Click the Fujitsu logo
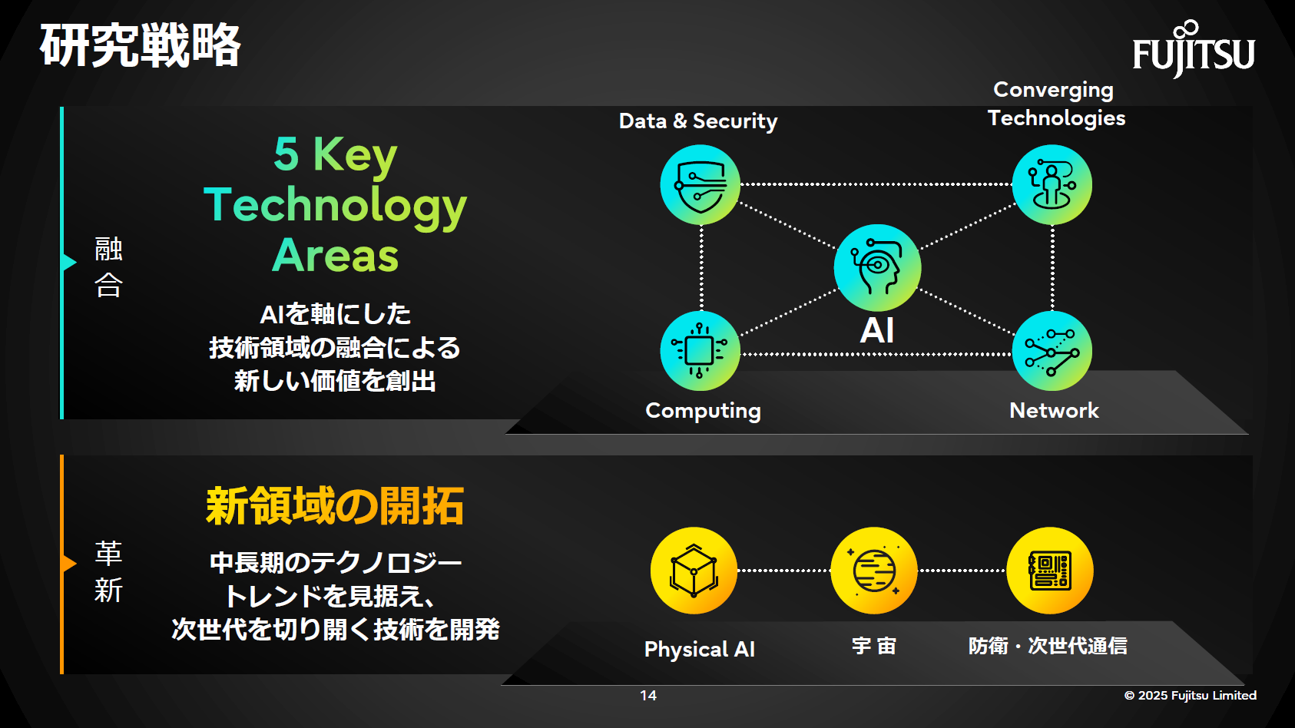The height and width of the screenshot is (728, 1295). click(1193, 51)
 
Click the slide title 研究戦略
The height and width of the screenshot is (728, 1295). click(140, 45)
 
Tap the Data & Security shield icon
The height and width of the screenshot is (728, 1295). click(700, 185)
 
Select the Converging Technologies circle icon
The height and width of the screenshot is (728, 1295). click(1052, 185)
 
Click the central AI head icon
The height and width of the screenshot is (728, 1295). click(877, 267)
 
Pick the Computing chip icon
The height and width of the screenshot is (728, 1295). click(700, 351)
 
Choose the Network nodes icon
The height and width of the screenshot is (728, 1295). click(1052, 351)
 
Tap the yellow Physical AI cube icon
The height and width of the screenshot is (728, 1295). click(694, 571)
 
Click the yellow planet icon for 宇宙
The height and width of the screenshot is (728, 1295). click(874, 571)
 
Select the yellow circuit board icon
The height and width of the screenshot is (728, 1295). click(1050, 571)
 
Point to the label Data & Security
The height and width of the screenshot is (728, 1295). click(698, 121)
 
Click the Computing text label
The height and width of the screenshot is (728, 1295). click(703, 411)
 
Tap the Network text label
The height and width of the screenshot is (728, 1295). click(1054, 411)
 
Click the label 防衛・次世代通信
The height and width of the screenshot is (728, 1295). click(1048, 646)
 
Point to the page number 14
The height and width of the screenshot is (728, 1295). click(648, 695)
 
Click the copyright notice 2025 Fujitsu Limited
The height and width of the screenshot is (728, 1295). click(1191, 695)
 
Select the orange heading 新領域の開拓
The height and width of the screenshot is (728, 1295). click(335, 507)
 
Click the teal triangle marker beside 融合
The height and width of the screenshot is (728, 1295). click(69, 263)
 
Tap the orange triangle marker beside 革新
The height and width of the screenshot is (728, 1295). click(69, 564)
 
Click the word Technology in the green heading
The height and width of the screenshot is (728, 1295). click(335, 205)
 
